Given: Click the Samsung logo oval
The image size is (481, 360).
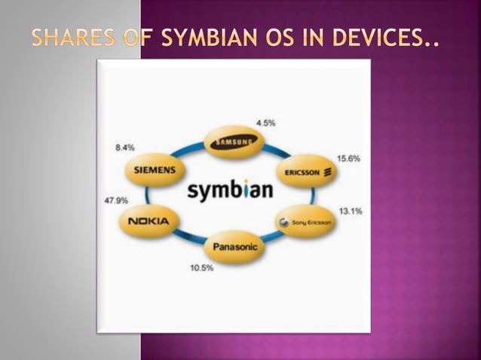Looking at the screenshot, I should click(x=237, y=141).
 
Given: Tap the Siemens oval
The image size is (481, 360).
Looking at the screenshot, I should click(x=155, y=170).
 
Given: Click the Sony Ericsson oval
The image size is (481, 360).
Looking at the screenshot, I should click(x=305, y=222).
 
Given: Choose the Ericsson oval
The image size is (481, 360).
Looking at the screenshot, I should click(x=308, y=172).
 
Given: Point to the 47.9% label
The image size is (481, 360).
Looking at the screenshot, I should click(x=115, y=200).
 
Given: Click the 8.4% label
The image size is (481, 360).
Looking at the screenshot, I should click(x=124, y=148).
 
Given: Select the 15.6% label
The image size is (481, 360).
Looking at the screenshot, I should click(x=348, y=159).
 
